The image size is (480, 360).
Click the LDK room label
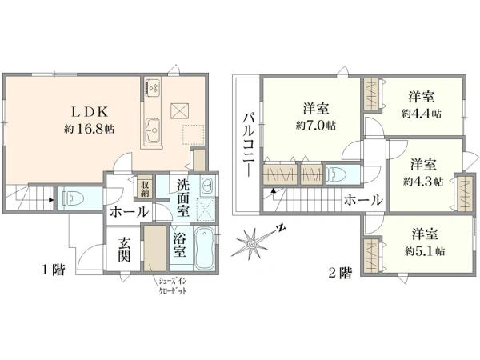pos(90,112)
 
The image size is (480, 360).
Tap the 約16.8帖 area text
pos(89,129)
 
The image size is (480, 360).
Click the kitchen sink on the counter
pos(153,130)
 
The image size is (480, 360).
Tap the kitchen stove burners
pos(153,87)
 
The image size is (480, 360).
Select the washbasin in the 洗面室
pos(208,185)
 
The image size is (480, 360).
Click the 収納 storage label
pos(145,188)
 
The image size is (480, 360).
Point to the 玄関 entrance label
pos(124,250)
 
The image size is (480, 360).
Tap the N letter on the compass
pos(281,227)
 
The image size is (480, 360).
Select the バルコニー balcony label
pos(249,145)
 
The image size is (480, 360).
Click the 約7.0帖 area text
pos(316,126)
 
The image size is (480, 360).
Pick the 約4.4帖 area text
pos(422,114)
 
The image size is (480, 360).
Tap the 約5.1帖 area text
pos(425,251)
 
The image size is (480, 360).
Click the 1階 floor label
pos(54,270)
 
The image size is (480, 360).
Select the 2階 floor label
pos(341,273)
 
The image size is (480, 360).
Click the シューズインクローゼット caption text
pos(172,286)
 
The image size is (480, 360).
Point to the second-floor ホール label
pos(363,201)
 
